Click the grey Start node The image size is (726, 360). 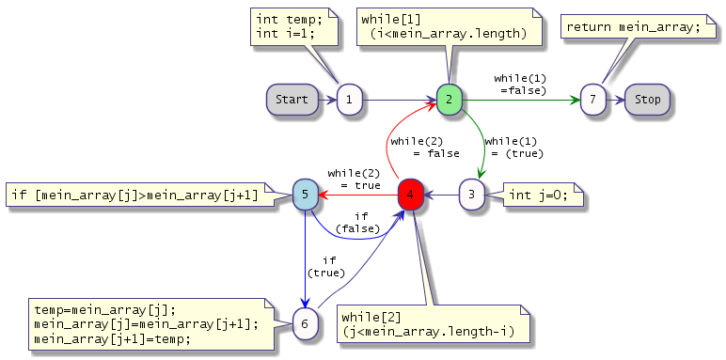(x=292, y=100)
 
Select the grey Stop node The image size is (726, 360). (x=647, y=100)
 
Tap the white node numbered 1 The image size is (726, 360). (x=349, y=100)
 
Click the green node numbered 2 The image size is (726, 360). (x=450, y=100)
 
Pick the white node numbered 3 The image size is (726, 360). (x=472, y=195)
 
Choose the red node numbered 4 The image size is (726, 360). (x=411, y=195)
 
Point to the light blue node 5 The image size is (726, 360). (x=305, y=195)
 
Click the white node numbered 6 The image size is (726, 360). (x=305, y=324)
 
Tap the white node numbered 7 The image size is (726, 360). (x=592, y=100)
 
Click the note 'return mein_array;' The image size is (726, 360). (x=638, y=27)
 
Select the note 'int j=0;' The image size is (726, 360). (x=544, y=195)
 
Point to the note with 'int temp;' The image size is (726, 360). (x=294, y=26)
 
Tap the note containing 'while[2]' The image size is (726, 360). (x=433, y=324)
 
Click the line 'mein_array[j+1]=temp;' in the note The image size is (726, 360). (x=113, y=338)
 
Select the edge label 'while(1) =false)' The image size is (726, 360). (x=520, y=85)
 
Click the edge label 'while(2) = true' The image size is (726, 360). (x=355, y=180)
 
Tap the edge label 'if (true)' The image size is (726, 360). (x=326, y=267)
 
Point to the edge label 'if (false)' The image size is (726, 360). (x=358, y=223)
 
